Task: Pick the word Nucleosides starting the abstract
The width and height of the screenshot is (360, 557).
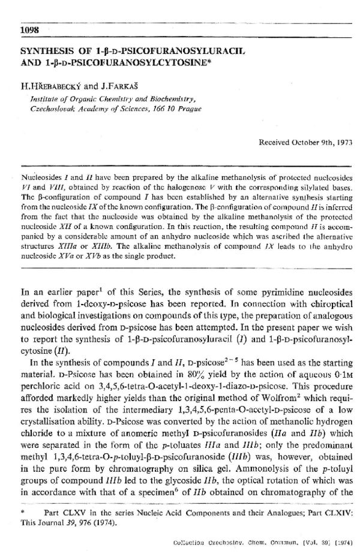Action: pyautogui.click(x=40, y=179)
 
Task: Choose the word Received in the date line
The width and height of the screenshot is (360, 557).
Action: pyautogui.click(x=275, y=144)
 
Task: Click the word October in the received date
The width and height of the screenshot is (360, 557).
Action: pyautogui.click(x=302, y=144)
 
